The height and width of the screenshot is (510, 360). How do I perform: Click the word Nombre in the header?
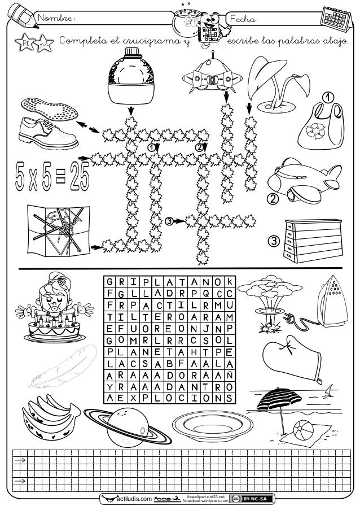pos(55,18)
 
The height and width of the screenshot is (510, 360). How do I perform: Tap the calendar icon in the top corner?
pos(336,19)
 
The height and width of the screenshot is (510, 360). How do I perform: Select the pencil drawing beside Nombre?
pos(22,15)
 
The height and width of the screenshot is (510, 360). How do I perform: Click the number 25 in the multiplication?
pos(80,176)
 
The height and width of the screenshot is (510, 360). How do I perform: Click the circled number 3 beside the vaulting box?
pos(274,241)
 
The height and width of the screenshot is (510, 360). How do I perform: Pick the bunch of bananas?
pos(50,417)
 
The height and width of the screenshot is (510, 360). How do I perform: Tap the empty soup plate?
pos(213,426)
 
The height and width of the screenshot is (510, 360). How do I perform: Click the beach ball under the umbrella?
pos(303,430)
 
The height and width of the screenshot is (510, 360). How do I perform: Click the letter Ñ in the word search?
pos(229,376)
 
